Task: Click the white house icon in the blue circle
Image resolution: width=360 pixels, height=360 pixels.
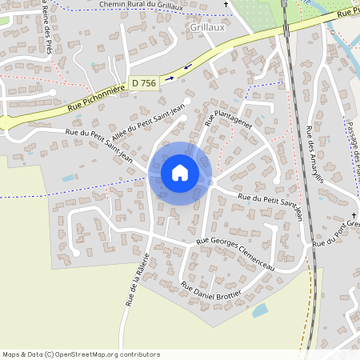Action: coord(180,172)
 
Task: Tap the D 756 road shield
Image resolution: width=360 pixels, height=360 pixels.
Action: coord(144,82)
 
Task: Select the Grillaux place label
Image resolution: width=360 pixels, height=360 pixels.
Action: coord(206,26)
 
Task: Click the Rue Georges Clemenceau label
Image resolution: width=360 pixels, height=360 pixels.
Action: coord(235,254)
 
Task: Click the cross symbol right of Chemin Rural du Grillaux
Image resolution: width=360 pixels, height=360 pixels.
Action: coord(225,6)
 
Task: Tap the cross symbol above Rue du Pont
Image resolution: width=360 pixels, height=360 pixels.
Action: coord(352,218)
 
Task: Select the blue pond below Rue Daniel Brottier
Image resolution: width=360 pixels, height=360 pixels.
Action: coord(261,310)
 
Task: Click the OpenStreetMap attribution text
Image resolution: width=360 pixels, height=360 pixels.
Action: coord(81,354)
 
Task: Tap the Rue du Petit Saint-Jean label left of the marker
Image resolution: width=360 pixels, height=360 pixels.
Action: coord(100,145)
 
